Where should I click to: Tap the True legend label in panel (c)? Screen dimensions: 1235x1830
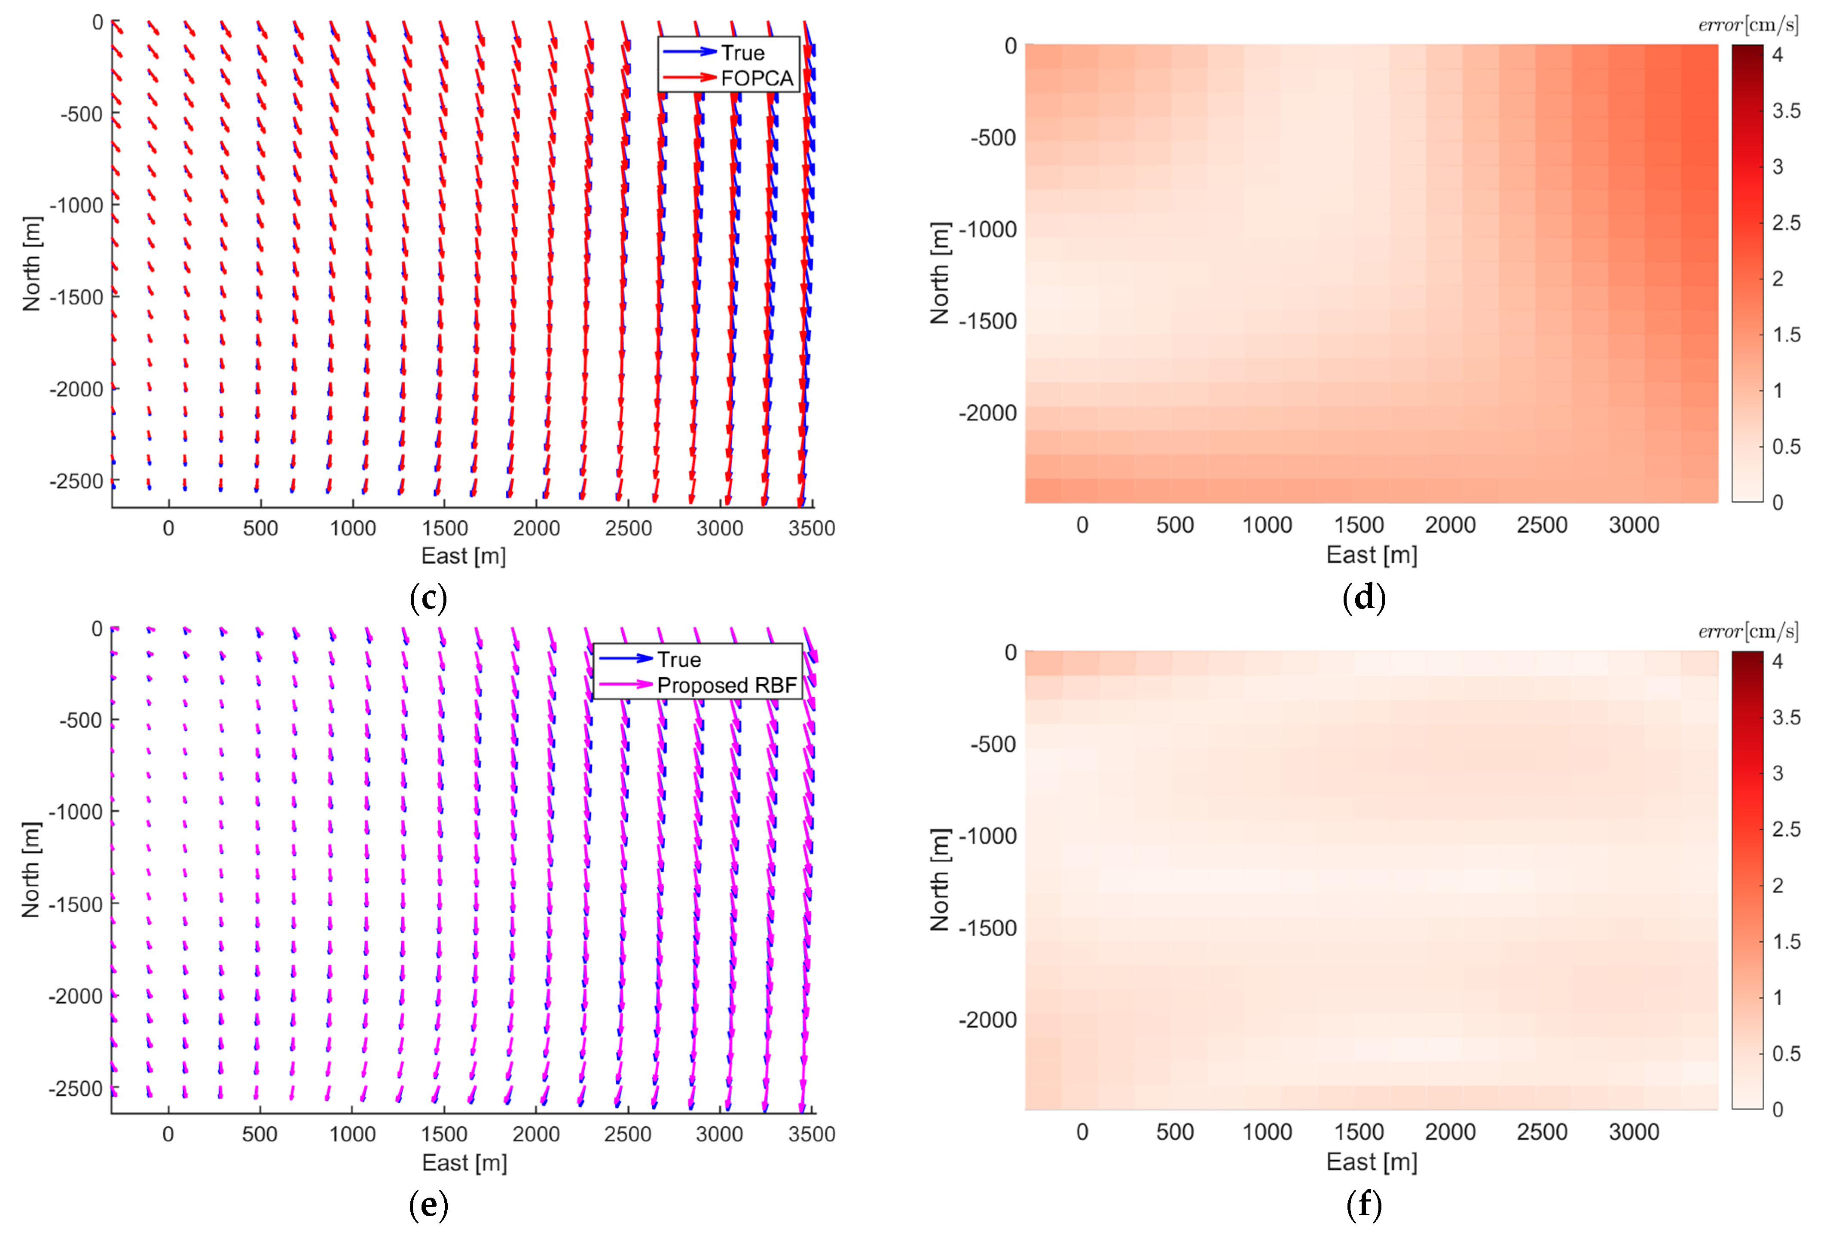(x=742, y=53)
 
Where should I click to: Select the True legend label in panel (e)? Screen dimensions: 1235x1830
(x=679, y=660)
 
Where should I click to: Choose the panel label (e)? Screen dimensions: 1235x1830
(x=428, y=1205)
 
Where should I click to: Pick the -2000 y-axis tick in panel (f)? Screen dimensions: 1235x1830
(x=987, y=1020)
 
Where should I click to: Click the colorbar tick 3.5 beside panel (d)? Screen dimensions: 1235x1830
(x=1786, y=111)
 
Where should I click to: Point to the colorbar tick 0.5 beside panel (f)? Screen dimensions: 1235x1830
(x=1786, y=1054)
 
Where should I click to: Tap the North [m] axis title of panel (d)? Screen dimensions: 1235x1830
(x=939, y=273)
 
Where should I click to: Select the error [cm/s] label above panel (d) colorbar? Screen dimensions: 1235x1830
(x=1748, y=25)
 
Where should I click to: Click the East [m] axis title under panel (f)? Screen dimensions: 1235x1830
(x=1371, y=1162)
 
